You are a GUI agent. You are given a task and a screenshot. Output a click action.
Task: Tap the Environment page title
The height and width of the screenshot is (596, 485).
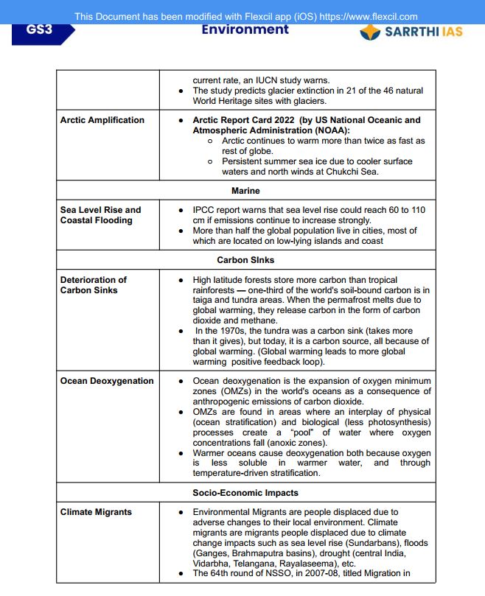point(245,29)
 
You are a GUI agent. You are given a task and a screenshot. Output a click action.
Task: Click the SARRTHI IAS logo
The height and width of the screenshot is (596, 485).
point(411,32)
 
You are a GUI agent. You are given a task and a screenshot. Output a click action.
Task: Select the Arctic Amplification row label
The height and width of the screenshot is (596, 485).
point(102,120)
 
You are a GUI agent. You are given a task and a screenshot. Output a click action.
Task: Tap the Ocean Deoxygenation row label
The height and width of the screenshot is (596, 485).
point(107,381)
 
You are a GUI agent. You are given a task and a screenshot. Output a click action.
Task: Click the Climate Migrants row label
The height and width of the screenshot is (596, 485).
point(96,512)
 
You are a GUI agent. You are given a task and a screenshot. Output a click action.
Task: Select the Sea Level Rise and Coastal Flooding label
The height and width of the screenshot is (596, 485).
point(100,215)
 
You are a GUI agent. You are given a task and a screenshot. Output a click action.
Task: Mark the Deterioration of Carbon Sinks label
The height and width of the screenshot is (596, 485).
point(94,285)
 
